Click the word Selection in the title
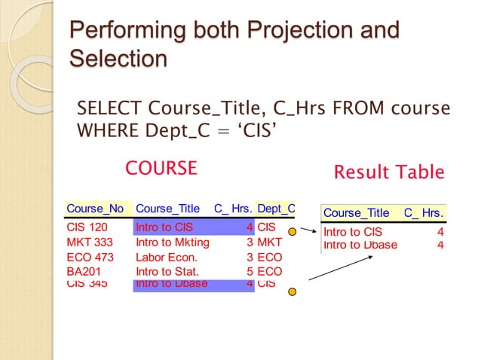pos(118,59)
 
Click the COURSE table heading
pos(161,168)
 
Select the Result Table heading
pos(388,172)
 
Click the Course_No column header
pos(95,209)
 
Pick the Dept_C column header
pos(276,209)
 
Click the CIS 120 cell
pos(87,227)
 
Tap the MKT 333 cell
pos(90,243)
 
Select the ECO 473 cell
pos(90,258)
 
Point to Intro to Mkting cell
pos(172,243)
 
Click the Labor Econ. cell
pos(166,258)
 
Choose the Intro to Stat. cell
pos(167,271)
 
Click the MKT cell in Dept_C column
pos(269,243)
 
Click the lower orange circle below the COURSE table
pos(292,291)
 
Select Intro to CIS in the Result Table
pos(353,232)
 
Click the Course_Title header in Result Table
pos(357,213)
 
